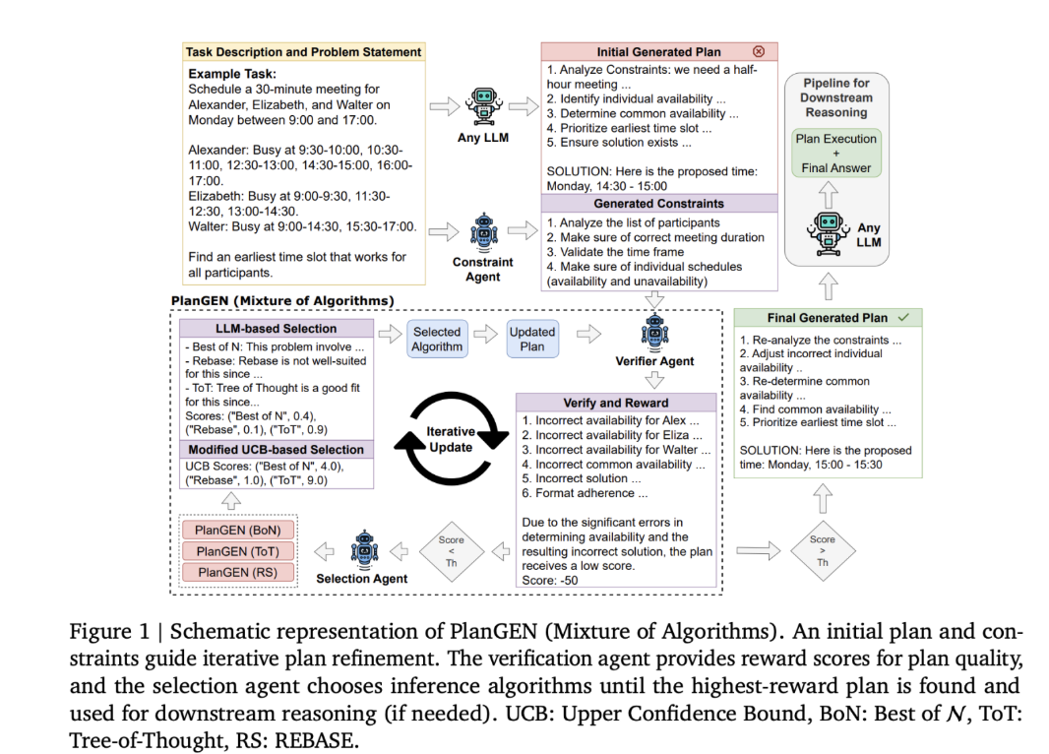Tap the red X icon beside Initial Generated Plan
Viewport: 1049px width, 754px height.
[758, 51]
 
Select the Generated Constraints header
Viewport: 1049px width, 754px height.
[658, 203]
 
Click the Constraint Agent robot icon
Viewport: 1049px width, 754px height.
[482, 233]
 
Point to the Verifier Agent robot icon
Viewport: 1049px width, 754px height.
[654, 333]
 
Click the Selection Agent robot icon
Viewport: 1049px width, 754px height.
[363, 548]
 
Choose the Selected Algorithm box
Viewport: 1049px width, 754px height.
[436, 339]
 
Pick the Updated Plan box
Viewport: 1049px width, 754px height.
[532, 339]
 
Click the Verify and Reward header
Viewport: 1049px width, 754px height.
[615, 403]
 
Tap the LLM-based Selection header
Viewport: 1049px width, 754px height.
[276, 328]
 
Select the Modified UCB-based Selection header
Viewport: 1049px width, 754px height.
[276, 449]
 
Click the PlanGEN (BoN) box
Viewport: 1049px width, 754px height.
[237, 531]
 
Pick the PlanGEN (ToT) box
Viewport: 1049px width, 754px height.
[237, 551]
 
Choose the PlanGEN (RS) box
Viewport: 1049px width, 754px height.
[237, 572]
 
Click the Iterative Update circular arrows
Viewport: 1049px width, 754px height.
[450, 439]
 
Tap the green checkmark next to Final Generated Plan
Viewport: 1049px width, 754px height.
[903, 318]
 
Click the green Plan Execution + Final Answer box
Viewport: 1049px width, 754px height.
[835, 154]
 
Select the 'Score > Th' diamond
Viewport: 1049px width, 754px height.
[822, 549]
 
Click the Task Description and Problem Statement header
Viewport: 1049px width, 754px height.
[303, 51]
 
